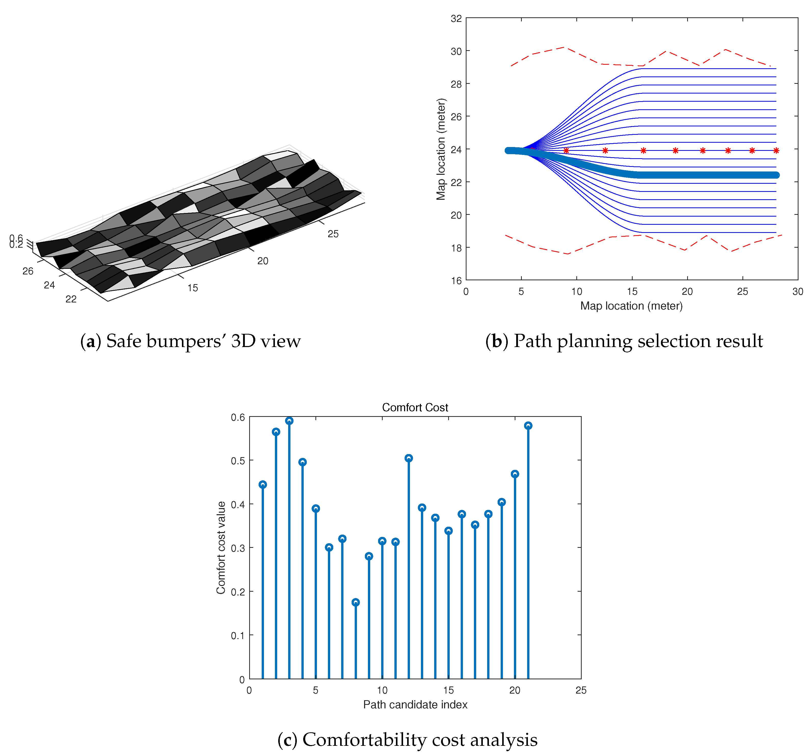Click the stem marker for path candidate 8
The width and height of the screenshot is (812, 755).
tap(355, 602)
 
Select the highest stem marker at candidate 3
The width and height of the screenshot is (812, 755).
tap(289, 421)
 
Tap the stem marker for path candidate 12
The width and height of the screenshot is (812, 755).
tap(408, 458)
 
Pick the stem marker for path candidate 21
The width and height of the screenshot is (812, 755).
tap(528, 426)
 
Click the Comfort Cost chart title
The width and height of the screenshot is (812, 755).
tap(415, 407)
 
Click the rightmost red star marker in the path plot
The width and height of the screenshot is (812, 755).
tap(776, 151)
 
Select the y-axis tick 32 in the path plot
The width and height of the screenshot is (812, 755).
tap(456, 18)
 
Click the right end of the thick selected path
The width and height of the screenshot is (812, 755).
tap(776, 175)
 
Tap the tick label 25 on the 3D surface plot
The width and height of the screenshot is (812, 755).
tap(333, 234)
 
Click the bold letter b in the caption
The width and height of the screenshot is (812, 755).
tap(496, 341)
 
